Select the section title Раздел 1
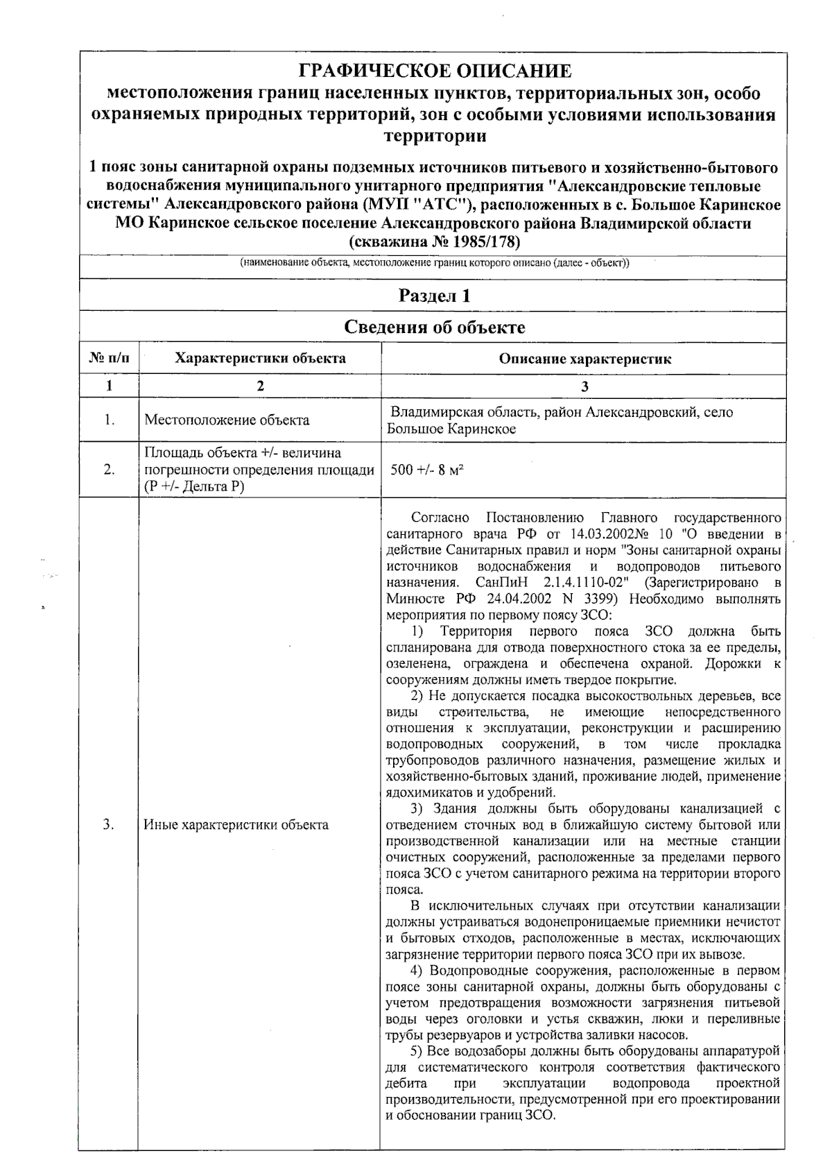click(x=434, y=296)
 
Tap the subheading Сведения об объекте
click(x=434, y=327)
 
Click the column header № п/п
click(x=110, y=359)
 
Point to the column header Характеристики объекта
click(x=260, y=359)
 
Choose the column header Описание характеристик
click(x=584, y=359)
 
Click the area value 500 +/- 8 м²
click(x=427, y=470)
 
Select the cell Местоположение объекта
click(x=227, y=420)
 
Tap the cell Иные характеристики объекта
click(x=236, y=825)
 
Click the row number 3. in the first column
click(x=109, y=825)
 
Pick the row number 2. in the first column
click(x=109, y=470)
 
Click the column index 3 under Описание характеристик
click(x=584, y=387)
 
